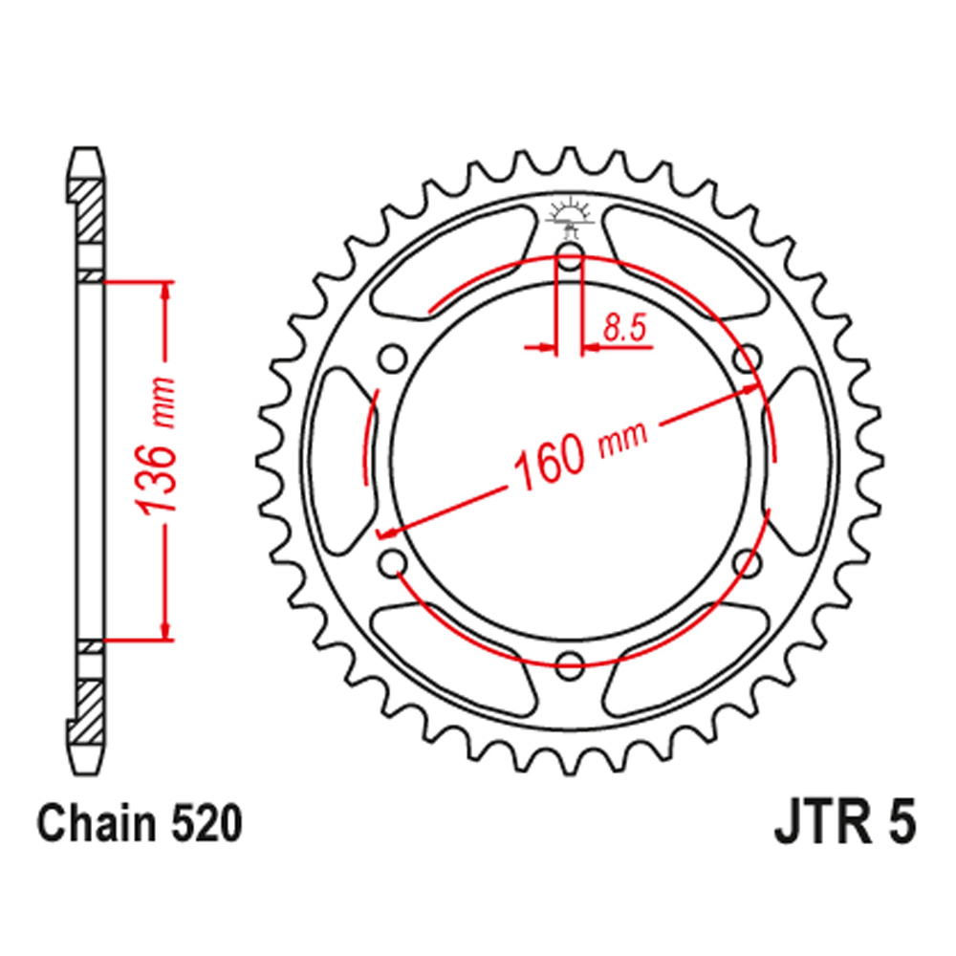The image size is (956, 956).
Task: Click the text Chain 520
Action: point(139,824)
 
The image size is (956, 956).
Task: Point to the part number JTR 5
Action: point(844,824)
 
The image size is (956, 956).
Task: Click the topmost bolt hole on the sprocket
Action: point(570,256)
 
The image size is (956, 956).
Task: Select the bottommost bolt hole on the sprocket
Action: point(570,662)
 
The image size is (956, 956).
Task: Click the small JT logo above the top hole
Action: point(570,218)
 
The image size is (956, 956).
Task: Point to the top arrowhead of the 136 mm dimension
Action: point(168,292)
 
